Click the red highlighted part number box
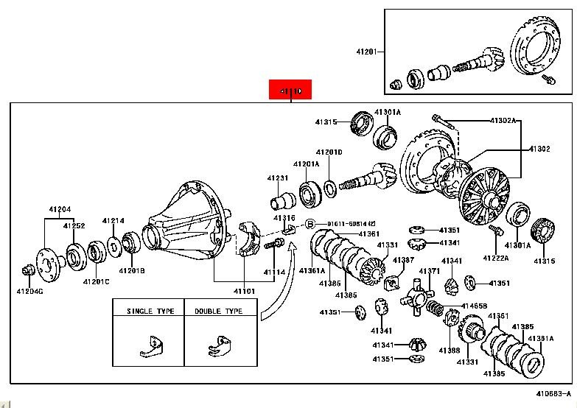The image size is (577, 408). [291, 90]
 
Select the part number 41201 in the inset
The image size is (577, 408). [366, 52]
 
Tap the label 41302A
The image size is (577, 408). [504, 119]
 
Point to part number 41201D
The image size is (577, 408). [329, 152]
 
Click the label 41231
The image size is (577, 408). [279, 178]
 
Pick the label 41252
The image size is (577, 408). [74, 226]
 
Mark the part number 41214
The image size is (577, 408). [113, 220]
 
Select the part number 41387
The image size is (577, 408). [403, 260]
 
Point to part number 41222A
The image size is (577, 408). [495, 258]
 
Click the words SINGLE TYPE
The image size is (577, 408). [150, 311]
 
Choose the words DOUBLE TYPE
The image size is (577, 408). [218, 311]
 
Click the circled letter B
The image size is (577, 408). [310, 223]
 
